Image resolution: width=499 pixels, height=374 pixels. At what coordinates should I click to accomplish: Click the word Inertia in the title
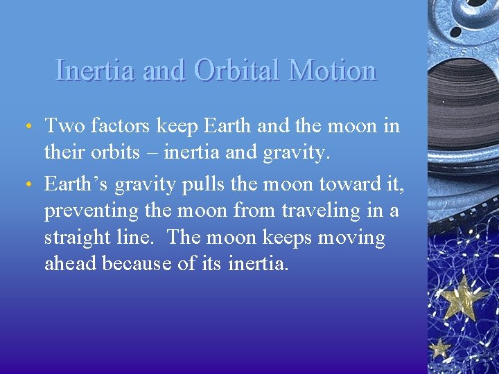click(94, 71)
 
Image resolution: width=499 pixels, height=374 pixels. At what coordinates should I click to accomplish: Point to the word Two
click(62, 126)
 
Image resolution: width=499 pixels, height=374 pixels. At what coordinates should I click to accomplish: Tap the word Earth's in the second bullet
click(76, 184)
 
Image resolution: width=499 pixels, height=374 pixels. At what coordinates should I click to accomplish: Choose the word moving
click(351, 238)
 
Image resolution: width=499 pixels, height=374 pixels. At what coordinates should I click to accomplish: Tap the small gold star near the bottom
click(439, 347)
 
